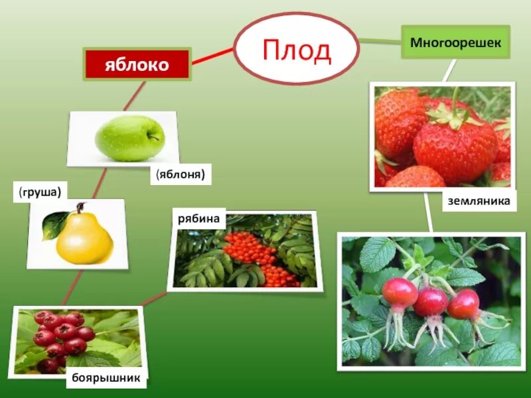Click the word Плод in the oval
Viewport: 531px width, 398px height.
[x=297, y=50]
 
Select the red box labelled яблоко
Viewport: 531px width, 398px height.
[x=137, y=65]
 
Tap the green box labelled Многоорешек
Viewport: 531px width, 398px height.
[x=455, y=42]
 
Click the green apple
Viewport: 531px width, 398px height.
[x=129, y=138]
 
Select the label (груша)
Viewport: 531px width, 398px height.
[x=40, y=192]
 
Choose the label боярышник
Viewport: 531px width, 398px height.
[x=106, y=378]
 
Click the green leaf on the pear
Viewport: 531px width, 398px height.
[x=51, y=226]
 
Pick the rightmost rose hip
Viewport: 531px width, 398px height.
[x=463, y=304]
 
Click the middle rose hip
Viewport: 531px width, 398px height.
[x=431, y=302]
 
